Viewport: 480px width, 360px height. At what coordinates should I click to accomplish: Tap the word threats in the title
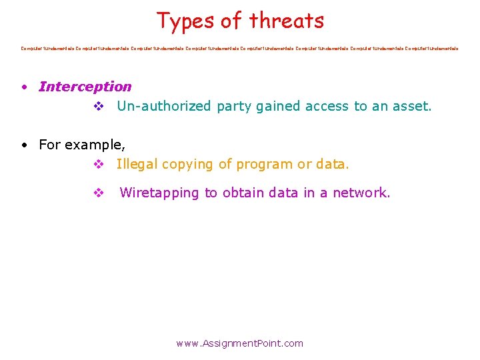pyautogui.click(x=287, y=21)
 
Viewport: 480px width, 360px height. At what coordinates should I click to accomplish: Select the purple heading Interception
pyautogui.click(x=85, y=87)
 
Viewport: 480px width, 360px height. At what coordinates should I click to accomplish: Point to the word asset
pyautogui.click(x=413, y=106)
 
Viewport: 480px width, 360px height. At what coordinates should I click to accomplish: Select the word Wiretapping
pyautogui.click(x=159, y=193)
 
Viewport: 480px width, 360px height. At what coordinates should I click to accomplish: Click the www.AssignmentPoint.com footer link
pyautogui.click(x=239, y=343)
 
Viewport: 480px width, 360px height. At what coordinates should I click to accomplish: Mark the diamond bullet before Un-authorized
pyautogui.click(x=98, y=106)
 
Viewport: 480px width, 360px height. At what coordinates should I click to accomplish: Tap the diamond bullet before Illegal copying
pyautogui.click(x=98, y=164)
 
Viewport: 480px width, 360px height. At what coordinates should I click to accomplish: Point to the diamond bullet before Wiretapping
pyautogui.click(x=98, y=193)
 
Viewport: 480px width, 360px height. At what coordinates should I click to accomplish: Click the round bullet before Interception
pyautogui.click(x=23, y=87)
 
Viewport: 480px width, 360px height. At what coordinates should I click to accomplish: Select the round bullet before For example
pyautogui.click(x=23, y=145)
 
